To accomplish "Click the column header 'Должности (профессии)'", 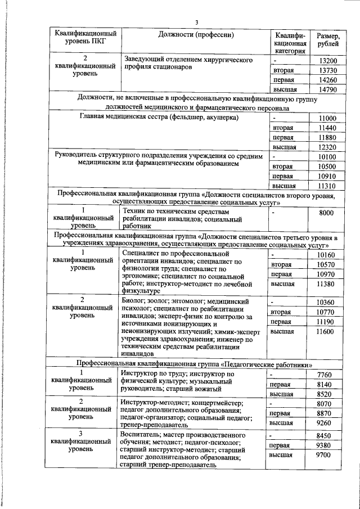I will click(195, 35).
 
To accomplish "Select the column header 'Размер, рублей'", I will click(327, 40).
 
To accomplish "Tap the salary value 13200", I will click(327, 60).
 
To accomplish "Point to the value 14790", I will click(327, 89).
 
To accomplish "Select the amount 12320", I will click(327, 147).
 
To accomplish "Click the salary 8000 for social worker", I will click(326, 214).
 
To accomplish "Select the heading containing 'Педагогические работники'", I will click(195, 364).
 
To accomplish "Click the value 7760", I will click(326, 375).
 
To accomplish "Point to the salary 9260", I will click(326, 422).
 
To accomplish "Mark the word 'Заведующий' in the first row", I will click(145, 59).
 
